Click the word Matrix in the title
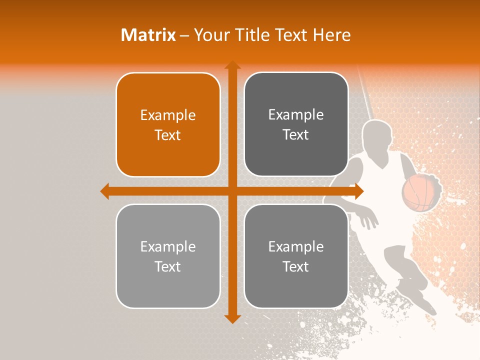tap(148, 35)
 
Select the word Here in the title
tap(331, 35)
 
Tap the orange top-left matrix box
tap(168, 124)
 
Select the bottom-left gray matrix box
tap(168, 256)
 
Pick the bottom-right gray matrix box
tap(296, 256)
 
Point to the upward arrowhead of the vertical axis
tap(232, 65)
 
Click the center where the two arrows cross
tap(232, 191)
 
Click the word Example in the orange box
tap(168, 115)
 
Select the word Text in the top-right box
tap(296, 134)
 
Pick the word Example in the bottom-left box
tap(168, 246)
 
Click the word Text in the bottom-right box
tap(296, 266)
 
